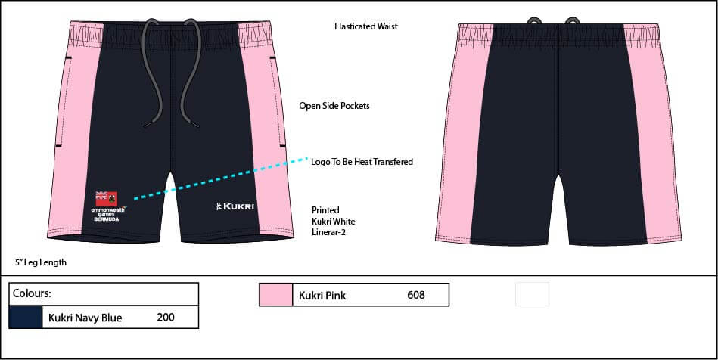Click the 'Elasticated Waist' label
pos(365,26)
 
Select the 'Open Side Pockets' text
pos(334,106)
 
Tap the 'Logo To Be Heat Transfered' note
pos(362,162)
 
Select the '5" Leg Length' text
pos(41,263)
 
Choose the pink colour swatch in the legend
pos(275,295)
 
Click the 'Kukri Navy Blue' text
pos(85,318)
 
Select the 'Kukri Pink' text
pos(322,296)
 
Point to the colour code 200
pos(166,318)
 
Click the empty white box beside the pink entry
pos(532,294)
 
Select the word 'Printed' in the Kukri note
pos(325,210)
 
